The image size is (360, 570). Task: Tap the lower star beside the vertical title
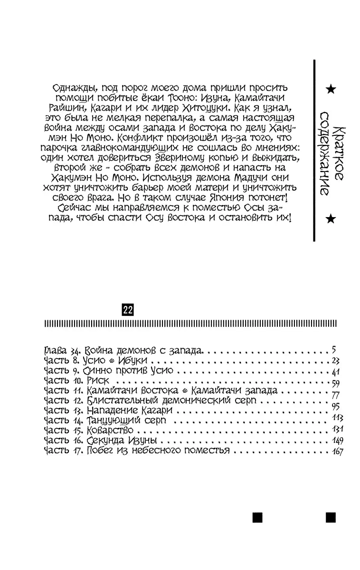click(x=331, y=218)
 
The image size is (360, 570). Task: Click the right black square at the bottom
click(x=331, y=517)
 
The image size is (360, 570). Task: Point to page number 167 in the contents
click(x=337, y=451)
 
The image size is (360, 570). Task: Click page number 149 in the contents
click(x=338, y=441)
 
